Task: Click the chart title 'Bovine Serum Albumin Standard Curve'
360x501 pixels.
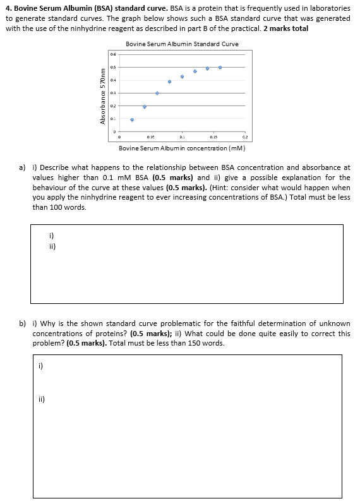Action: tap(182, 44)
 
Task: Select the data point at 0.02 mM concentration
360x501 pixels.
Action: tap(132, 119)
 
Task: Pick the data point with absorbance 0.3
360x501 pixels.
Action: tap(157, 93)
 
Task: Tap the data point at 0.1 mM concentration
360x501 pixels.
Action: tap(183, 76)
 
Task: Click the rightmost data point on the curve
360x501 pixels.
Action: tap(220, 67)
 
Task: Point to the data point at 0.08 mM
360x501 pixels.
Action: tap(169, 81)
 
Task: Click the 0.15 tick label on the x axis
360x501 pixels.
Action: tap(213, 136)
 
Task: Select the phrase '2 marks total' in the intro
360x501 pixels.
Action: tap(285, 29)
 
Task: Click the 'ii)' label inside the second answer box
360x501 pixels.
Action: tap(42, 399)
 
